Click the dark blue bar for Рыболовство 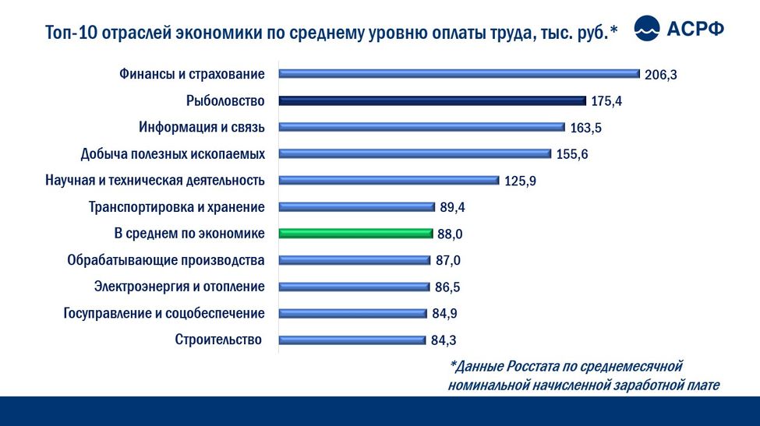tap(432, 100)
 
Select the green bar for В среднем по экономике tap(355, 233)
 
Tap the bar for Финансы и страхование tap(459, 74)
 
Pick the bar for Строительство tap(352, 340)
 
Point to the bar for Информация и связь tap(421, 127)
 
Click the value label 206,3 tap(661, 75)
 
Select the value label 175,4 tap(606, 101)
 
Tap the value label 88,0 tap(453, 234)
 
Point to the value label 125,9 tap(520, 181)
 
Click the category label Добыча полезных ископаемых tap(172, 153)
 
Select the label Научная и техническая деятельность tap(155, 180)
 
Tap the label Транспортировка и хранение tap(177, 206)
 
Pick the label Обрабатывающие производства tap(166, 259)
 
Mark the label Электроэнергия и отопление tap(179, 287)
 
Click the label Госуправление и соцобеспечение tap(164, 313)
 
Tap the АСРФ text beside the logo tap(696, 30)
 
